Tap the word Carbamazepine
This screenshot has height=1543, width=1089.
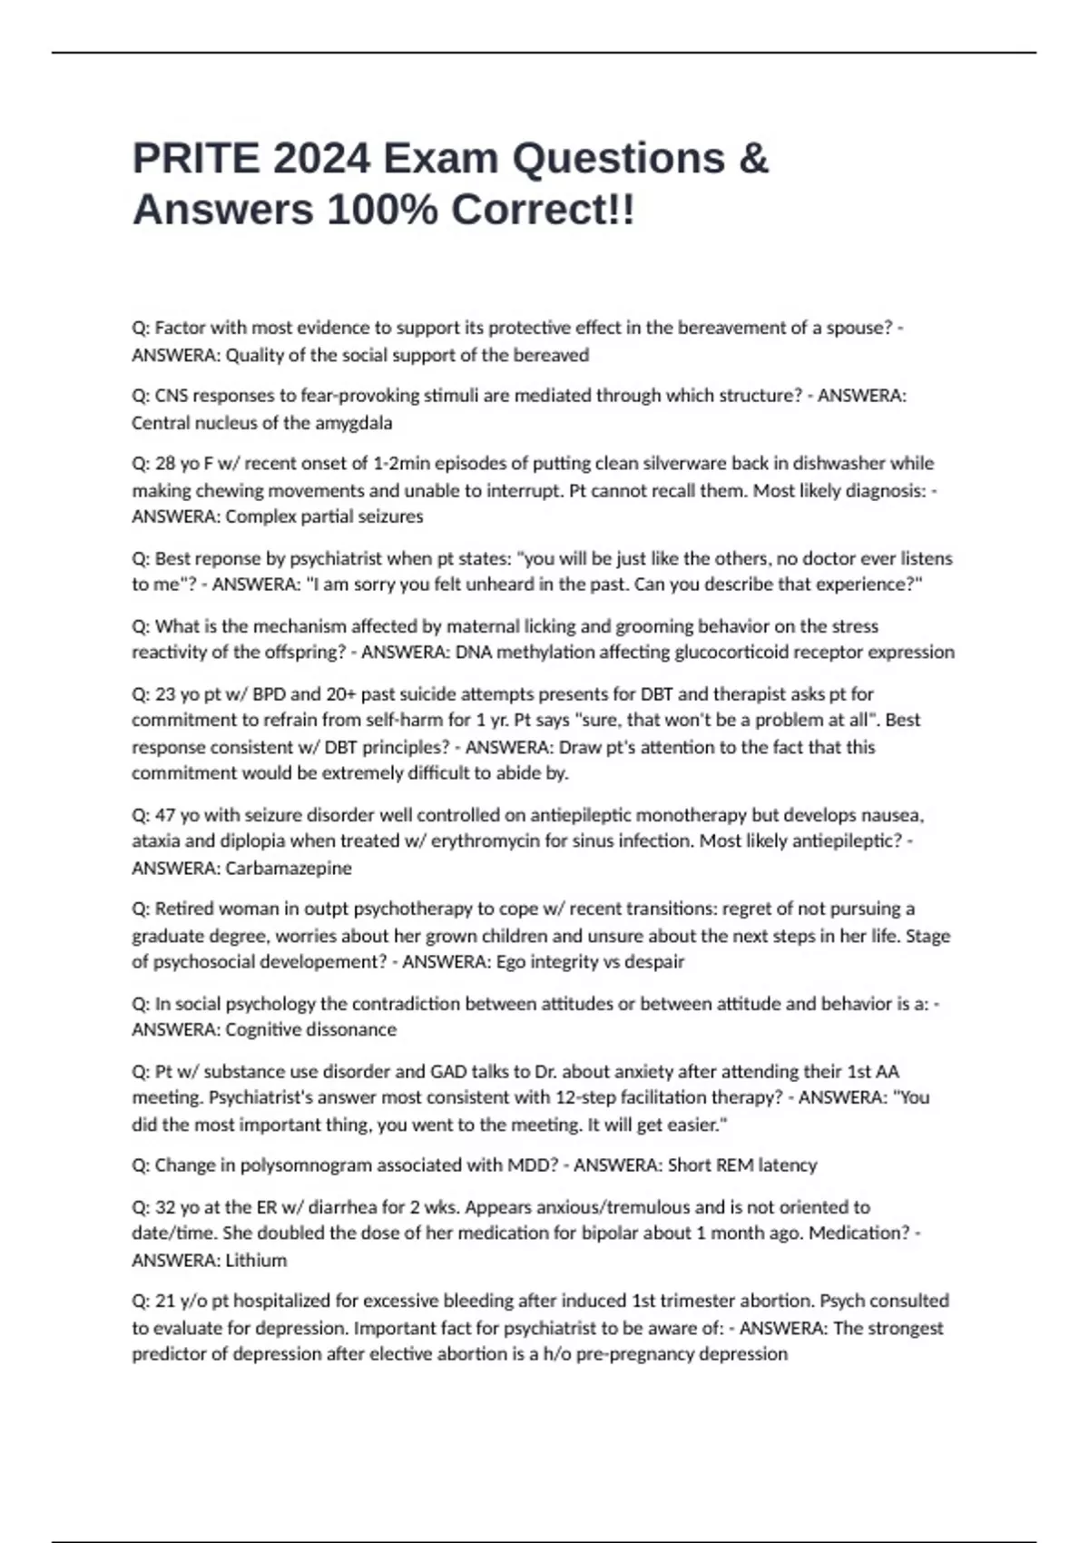coord(289,868)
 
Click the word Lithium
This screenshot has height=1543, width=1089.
coord(256,1260)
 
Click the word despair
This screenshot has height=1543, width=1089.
coord(654,961)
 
